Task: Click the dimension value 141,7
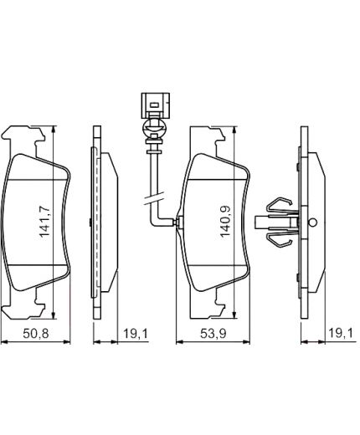click(x=44, y=222)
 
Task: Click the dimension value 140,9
click(x=225, y=222)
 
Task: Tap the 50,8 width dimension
click(x=36, y=334)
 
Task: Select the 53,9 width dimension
click(x=213, y=334)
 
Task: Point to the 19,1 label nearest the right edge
click(x=341, y=333)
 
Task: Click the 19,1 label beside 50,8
click(x=136, y=334)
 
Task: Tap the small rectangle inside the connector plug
click(x=154, y=105)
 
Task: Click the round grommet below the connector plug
click(x=154, y=128)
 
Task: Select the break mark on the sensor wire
click(x=153, y=199)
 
